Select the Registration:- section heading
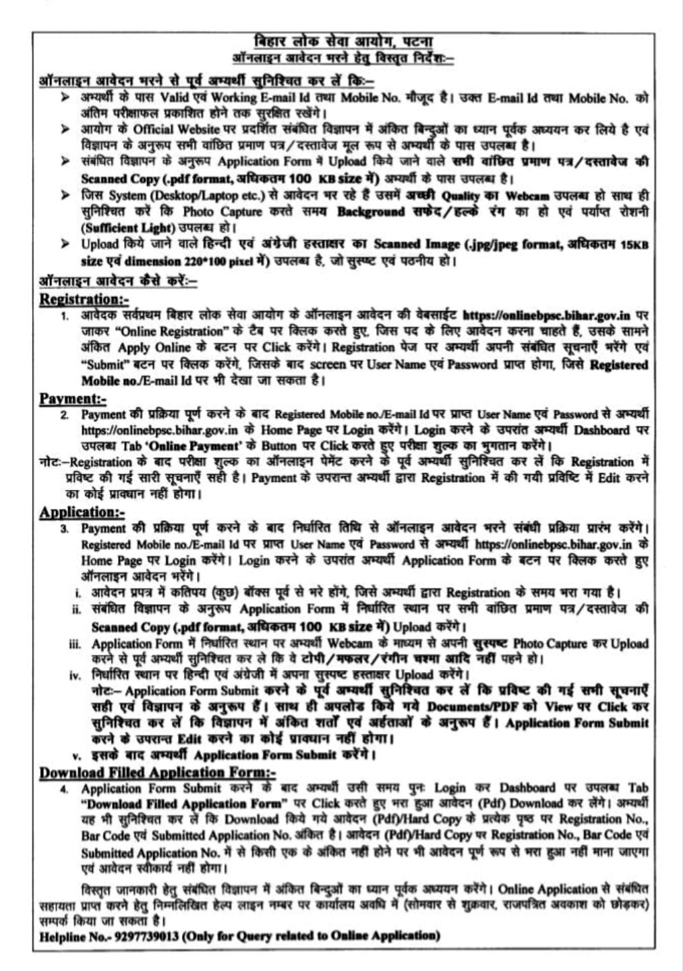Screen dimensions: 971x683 [84, 298]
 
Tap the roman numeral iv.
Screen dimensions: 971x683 [76, 675]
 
